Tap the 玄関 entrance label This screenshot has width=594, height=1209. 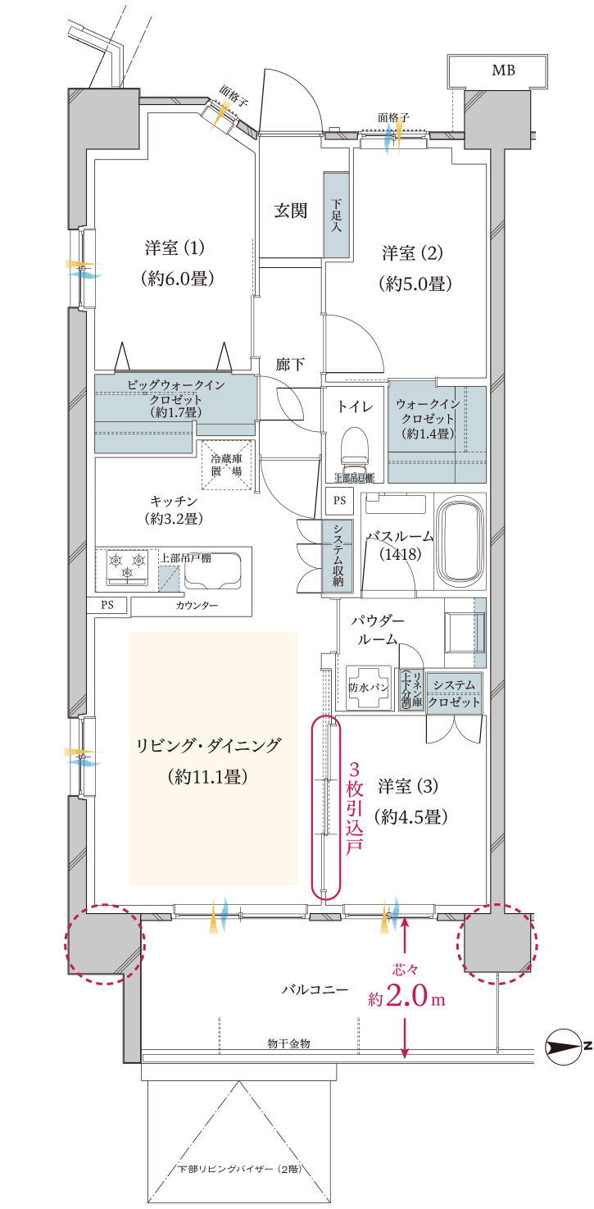(290, 211)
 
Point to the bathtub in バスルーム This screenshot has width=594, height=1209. (460, 540)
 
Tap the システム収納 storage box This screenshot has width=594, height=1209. (337, 556)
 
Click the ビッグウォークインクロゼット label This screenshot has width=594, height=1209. (175, 398)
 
